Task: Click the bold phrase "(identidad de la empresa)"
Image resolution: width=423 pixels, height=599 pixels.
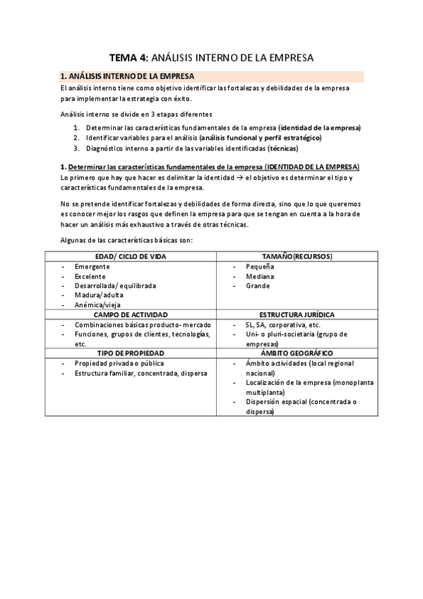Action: click(x=319, y=127)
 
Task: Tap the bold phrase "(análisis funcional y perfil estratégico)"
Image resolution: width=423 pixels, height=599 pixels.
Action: click(x=260, y=138)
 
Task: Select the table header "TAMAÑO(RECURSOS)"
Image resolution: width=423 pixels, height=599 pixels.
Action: click(x=297, y=256)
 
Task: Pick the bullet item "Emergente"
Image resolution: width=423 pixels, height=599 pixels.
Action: click(x=92, y=266)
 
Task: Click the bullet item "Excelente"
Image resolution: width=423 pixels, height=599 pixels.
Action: click(x=90, y=276)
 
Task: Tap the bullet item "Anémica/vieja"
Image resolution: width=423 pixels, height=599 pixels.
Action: click(x=98, y=305)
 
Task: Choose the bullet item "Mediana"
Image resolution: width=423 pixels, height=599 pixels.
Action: click(x=259, y=276)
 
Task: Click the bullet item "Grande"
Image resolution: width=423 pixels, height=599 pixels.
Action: click(x=258, y=286)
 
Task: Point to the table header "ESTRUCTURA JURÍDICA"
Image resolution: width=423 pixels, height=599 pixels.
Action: click(x=297, y=314)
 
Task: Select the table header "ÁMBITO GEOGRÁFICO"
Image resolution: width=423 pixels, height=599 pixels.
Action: click(x=297, y=352)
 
